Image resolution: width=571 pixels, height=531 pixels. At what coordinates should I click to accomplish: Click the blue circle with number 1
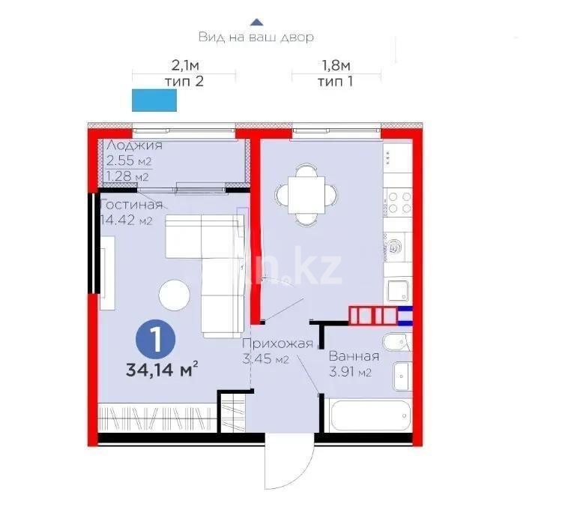click(x=155, y=340)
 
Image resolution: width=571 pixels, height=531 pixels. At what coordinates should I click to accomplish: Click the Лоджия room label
click(x=134, y=145)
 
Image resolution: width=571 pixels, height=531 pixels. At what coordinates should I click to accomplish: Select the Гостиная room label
click(x=131, y=205)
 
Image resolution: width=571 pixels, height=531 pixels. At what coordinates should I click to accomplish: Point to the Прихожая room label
click(x=277, y=344)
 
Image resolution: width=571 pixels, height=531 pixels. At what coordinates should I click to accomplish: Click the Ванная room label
click(x=354, y=356)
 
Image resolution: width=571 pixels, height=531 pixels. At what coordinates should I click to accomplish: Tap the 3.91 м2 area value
click(x=351, y=372)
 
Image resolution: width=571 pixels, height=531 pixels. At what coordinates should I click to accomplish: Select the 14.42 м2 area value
click(x=127, y=220)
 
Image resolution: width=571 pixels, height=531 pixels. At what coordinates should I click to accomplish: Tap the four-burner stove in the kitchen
click(x=399, y=203)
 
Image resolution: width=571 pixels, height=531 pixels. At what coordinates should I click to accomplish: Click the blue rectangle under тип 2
click(x=154, y=100)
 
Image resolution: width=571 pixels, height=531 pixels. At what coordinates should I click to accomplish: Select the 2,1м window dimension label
click(x=184, y=65)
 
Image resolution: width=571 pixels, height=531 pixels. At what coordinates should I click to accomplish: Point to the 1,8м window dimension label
click(x=335, y=65)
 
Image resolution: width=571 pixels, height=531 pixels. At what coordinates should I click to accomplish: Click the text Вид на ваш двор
click(x=256, y=36)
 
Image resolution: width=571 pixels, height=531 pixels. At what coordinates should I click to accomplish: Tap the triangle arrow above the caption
click(x=256, y=22)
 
